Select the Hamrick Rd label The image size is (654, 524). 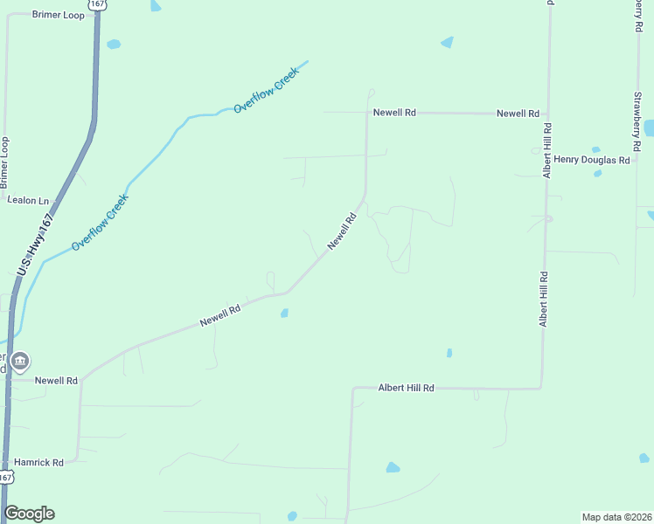coord(38,462)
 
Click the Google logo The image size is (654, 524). coord(29,514)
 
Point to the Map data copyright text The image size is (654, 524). coord(616,516)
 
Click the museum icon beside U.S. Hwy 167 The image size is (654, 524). coord(20,361)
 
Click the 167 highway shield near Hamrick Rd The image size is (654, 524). coord(6,477)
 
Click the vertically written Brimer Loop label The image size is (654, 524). coord(5,162)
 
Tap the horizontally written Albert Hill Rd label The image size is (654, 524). coord(406,387)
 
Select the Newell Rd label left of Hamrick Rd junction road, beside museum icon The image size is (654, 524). coord(56,381)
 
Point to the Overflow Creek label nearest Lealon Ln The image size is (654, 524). coord(100,222)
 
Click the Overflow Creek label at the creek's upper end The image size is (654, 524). coord(266,90)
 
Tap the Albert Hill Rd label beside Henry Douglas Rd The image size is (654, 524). coord(546,151)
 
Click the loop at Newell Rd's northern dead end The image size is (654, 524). coord(371,92)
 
